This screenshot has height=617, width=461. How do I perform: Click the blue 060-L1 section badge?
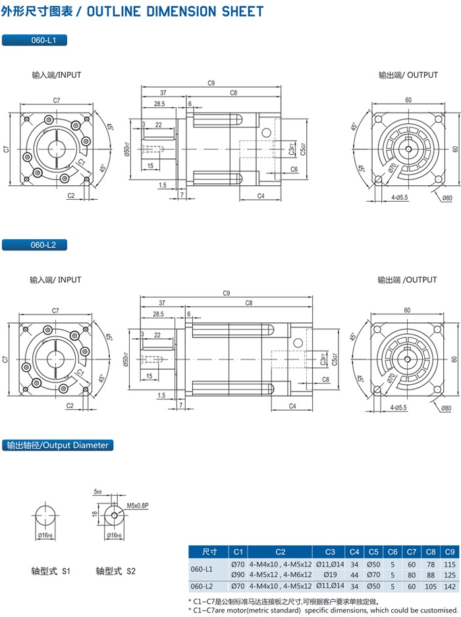[34, 40]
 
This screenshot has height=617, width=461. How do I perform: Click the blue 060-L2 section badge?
[34, 245]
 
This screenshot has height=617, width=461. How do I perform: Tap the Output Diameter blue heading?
[57, 445]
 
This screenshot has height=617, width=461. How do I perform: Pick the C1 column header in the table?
[238, 551]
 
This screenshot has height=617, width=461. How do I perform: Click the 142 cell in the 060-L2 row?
[450, 585]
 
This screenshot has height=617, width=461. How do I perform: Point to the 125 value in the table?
[450, 574]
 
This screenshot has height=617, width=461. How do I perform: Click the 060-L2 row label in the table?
[202, 585]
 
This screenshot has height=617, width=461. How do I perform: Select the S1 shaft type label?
[51, 571]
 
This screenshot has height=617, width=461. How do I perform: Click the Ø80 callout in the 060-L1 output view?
[447, 198]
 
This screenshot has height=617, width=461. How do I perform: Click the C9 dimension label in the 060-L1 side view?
[211, 83]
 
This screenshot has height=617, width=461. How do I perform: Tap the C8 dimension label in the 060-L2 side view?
[249, 303]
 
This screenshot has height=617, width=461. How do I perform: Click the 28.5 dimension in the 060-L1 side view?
[159, 104]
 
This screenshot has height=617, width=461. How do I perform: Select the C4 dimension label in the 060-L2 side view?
[292, 405]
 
